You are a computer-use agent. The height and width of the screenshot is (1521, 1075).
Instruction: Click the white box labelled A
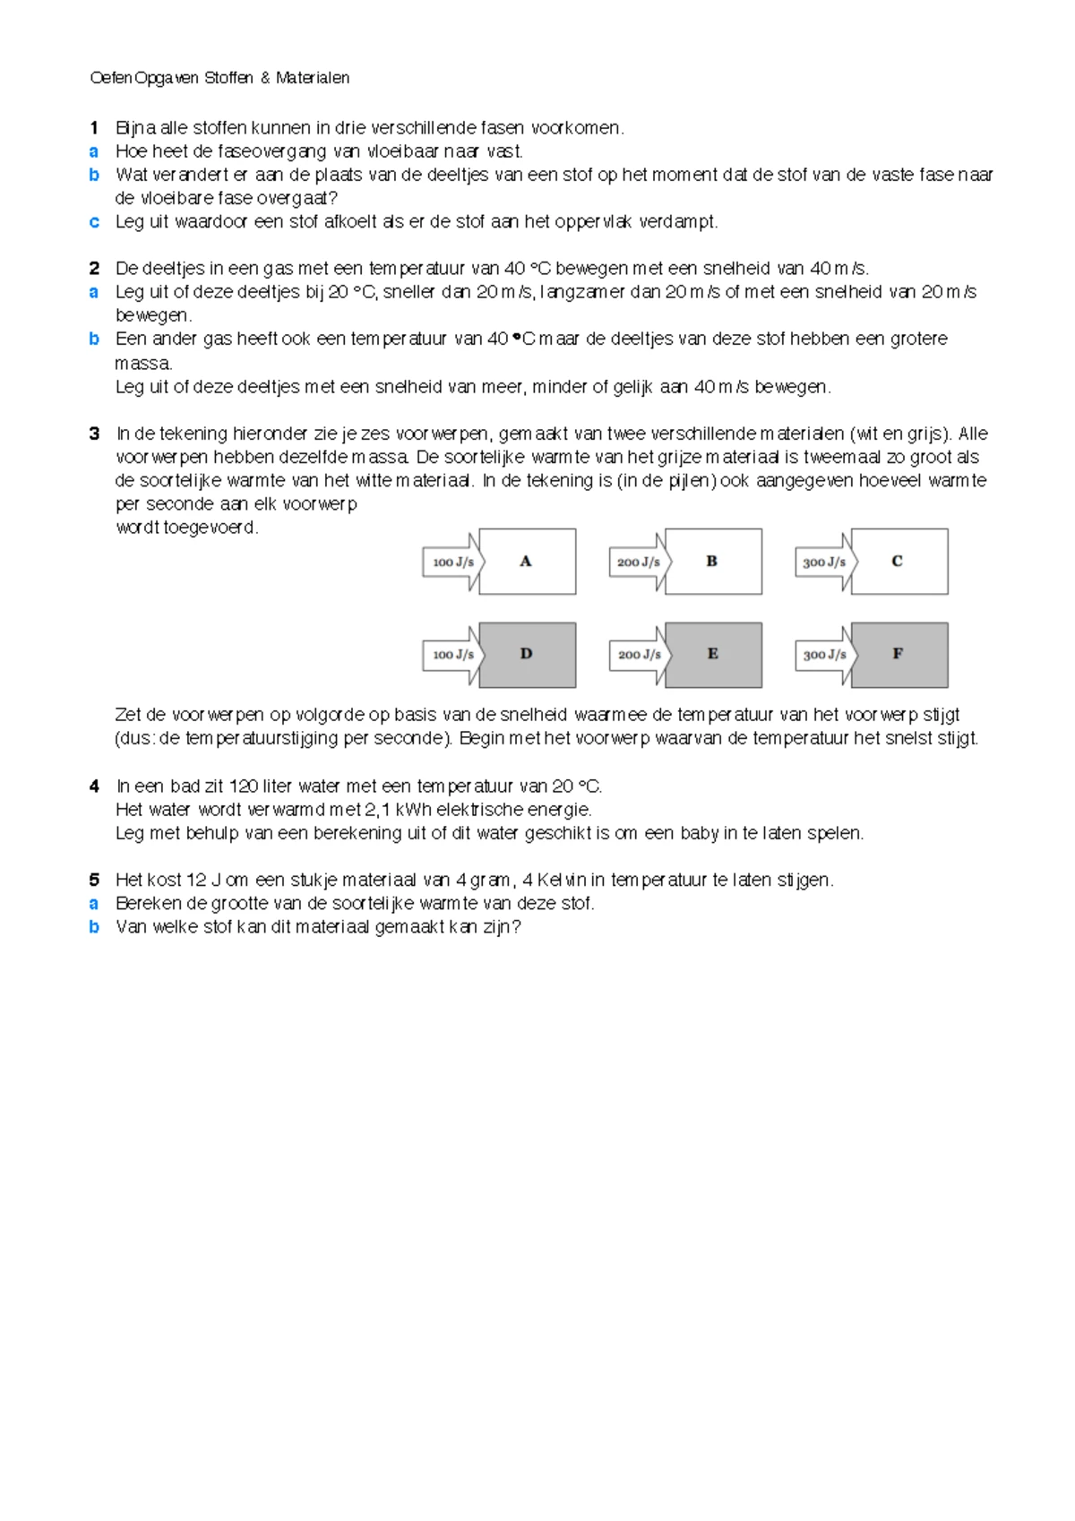click(527, 562)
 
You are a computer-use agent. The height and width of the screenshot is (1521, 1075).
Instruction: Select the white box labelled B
click(713, 562)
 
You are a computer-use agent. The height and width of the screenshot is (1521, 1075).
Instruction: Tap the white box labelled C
click(899, 562)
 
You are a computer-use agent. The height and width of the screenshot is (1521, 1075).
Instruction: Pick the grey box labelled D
click(527, 655)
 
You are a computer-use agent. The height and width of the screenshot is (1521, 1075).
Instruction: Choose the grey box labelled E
click(713, 655)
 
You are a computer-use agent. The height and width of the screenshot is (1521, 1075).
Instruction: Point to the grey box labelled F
click(899, 655)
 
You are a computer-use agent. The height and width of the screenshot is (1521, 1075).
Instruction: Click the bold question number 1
click(94, 128)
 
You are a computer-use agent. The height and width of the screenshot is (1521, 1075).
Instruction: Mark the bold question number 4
click(94, 786)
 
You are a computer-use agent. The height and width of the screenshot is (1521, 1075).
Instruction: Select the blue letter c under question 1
click(94, 222)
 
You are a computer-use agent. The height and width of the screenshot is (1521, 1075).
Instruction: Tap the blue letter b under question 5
click(94, 927)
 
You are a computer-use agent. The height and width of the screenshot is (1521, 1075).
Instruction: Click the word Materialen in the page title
click(313, 78)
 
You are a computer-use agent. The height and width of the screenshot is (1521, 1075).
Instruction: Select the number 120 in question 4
click(244, 786)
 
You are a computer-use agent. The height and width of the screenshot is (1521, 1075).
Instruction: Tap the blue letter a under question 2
click(94, 292)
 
